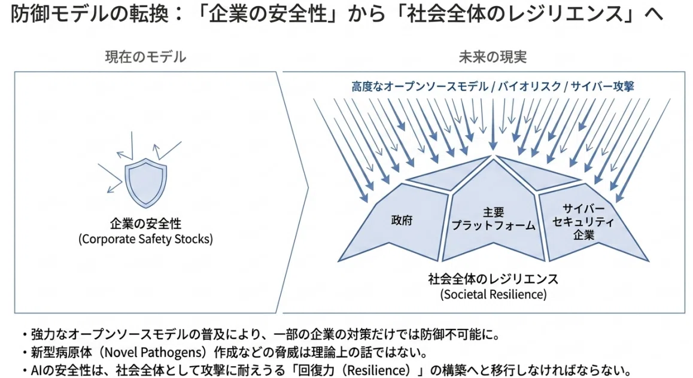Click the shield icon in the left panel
pos(146,184)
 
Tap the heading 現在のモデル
pos(146,57)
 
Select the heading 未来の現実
pos(493,57)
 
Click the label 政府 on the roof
pos(402,220)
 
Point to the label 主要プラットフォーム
pos(493,218)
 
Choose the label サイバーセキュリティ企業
pos(583,222)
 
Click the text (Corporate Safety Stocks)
pos(146,239)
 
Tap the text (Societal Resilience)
pos(493,294)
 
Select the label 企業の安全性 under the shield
pos(146,224)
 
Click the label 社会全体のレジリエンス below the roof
pos(493,279)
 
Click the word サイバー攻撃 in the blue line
pos(603,86)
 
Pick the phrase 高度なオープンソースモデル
pos(420,86)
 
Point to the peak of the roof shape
pos(493,156)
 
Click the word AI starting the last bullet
pos(37,370)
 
